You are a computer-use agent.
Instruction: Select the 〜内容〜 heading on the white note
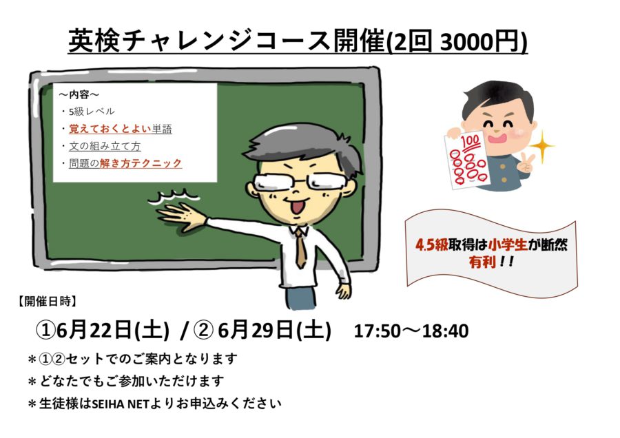79,95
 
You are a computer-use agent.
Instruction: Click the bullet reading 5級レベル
92,112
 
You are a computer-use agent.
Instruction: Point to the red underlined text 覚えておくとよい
110,129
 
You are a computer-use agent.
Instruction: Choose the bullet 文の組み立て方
105,146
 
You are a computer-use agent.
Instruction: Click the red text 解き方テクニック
141,163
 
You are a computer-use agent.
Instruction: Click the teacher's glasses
300,182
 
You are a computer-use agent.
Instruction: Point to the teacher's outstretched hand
182,216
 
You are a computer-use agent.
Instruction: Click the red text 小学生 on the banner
508,244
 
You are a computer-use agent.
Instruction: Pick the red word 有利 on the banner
482,262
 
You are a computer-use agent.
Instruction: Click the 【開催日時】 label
47,302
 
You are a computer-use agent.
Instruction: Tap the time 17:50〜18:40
411,331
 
